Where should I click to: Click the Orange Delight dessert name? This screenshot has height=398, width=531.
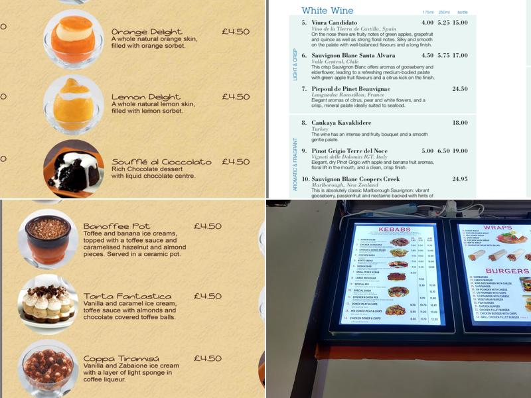[x=147, y=32]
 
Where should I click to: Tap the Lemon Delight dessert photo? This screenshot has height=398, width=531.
[x=72, y=103]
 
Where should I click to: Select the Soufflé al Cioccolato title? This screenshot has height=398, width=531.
[x=161, y=162]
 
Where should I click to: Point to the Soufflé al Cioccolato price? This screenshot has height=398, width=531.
[x=236, y=162]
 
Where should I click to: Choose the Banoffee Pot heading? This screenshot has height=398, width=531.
[x=117, y=226]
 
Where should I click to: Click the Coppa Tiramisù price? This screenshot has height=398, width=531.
[x=208, y=358]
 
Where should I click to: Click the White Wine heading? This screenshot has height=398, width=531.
[x=328, y=11]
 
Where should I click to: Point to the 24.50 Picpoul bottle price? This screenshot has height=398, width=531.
[x=460, y=89]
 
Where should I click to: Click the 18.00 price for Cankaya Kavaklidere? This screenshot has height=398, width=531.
[x=460, y=123]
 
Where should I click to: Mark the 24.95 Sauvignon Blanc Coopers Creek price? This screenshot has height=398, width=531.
[x=460, y=179]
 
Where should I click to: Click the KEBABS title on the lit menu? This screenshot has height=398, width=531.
[x=394, y=230]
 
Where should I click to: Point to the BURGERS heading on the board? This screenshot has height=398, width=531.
[x=506, y=271]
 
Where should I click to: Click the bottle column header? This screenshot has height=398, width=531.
[x=462, y=12]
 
